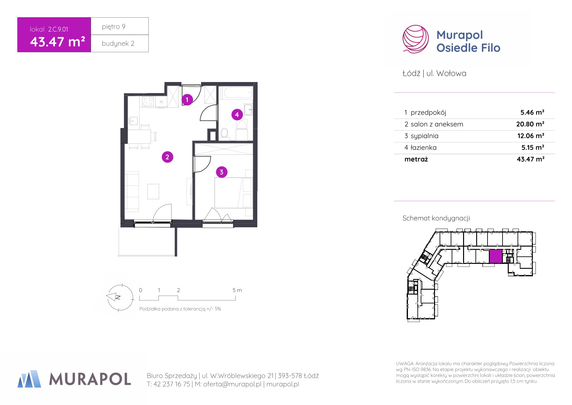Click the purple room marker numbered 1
coord(187,100)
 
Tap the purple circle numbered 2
coord(167,157)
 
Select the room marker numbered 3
coord(221,172)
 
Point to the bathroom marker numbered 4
coord(237,115)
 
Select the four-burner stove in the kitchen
coord(148,101)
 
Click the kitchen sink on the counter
coord(133,121)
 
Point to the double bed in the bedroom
coord(233,193)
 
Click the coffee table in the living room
coord(153,191)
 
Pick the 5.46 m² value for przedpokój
coord(532,112)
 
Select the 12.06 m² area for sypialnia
coord(530,136)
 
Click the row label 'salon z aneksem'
coord(437,124)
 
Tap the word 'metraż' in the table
coord(416,159)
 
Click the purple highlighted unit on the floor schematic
coord(496,256)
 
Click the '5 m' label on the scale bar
coord(237,290)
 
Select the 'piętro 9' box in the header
coord(120,26)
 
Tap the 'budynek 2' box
coord(120,43)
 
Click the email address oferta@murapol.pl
coord(232,384)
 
